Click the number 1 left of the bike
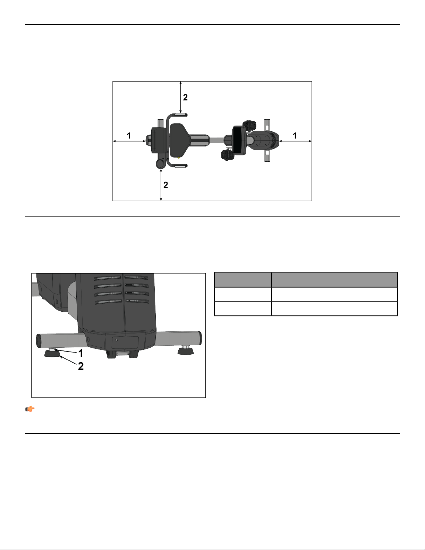click(x=129, y=136)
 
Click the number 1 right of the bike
click(x=295, y=136)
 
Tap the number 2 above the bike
click(x=185, y=98)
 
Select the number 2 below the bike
click(x=166, y=185)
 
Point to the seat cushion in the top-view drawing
click(x=179, y=140)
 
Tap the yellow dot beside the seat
click(x=179, y=158)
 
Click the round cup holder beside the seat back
click(x=160, y=163)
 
